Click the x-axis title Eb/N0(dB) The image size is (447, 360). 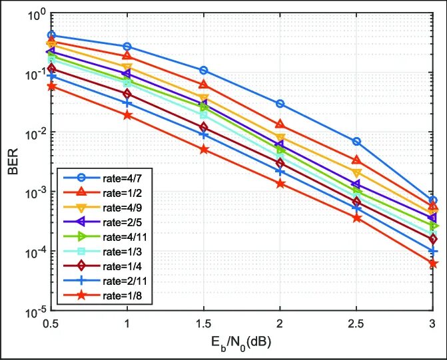tap(242, 344)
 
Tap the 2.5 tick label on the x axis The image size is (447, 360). tap(356, 324)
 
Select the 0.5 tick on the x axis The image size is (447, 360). tap(51, 324)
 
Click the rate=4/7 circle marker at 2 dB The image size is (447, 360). tap(280, 104)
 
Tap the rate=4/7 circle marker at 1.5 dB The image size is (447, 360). tap(204, 70)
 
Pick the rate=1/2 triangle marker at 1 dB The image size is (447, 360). tap(127, 55)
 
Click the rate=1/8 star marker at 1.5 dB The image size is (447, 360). tap(204, 150)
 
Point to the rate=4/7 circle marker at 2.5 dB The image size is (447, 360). tap(356, 142)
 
